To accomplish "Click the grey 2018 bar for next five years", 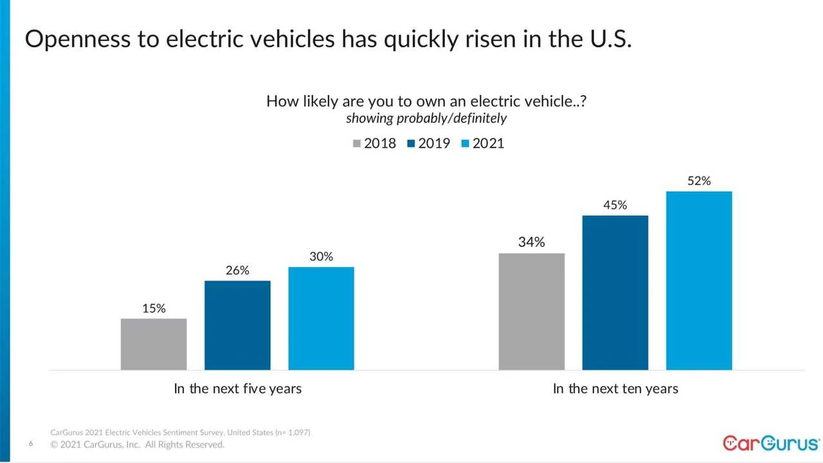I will [154, 344].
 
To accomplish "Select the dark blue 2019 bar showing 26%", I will [237, 325].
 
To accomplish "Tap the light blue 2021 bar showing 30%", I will [321, 318].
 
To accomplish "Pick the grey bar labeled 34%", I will [532, 311].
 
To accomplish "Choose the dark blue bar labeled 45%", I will [615, 293].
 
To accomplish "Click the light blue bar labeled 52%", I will [699, 280].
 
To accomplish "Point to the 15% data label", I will [154, 309].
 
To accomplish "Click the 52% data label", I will [699, 181].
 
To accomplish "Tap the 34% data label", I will [532, 242].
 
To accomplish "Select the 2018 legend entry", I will [374, 143].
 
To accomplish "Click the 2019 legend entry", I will [428, 143].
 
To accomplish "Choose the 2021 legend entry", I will [482, 143].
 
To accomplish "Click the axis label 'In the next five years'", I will [237, 389].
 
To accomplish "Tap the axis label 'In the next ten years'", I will [615, 389].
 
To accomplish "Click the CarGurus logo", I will [771, 443].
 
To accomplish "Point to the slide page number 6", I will [31, 444].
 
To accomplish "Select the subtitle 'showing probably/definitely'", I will [426, 118].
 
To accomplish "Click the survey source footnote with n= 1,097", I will [180, 432].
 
